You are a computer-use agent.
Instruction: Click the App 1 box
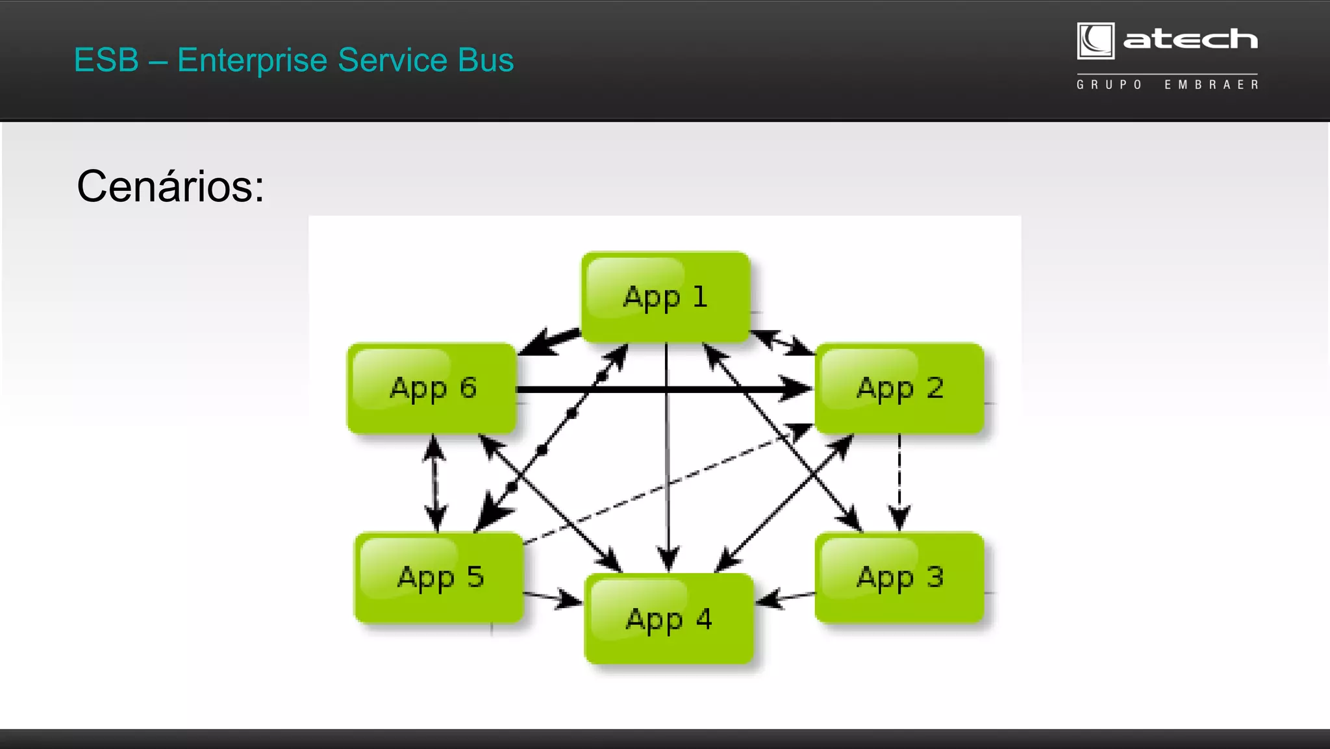click(666, 297)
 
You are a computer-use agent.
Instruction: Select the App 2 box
click(899, 388)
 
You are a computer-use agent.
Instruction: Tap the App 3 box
click(899, 578)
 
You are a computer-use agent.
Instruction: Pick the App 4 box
click(669, 619)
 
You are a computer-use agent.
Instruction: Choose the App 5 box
click(440, 578)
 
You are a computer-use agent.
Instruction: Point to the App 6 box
click(433, 388)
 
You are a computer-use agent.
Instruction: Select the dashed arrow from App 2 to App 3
click(899, 481)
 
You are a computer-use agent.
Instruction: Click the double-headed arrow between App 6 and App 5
click(434, 483)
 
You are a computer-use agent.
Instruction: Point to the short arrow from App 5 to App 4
click(552, 598)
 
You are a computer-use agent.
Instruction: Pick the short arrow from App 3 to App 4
click(786, 598)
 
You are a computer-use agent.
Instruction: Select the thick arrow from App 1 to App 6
click(549, 341)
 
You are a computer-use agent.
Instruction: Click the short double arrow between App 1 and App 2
click(783, 342)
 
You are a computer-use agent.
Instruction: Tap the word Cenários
click(170, 186)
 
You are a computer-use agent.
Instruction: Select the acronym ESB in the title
click(107, 60)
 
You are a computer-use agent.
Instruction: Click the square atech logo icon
click(1096, 41)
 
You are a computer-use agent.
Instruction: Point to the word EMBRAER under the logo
click(1211, 85)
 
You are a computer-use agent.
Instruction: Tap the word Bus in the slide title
click(485, 60)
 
